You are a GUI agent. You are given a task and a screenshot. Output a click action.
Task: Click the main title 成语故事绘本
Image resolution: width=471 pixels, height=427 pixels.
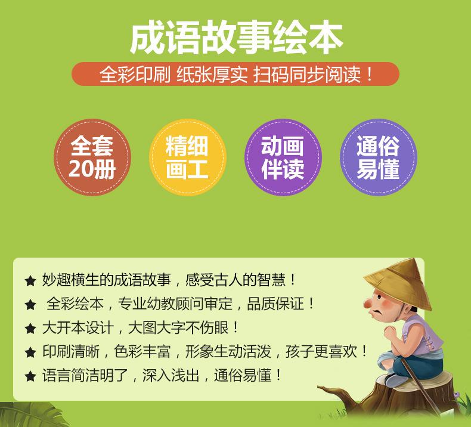237,38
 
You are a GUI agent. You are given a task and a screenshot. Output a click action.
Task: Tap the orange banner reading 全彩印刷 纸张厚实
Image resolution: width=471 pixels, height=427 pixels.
235,74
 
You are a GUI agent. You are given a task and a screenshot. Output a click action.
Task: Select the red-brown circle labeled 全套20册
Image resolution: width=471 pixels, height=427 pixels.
92,157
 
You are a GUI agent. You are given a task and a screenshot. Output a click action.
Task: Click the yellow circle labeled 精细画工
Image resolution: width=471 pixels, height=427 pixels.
187,157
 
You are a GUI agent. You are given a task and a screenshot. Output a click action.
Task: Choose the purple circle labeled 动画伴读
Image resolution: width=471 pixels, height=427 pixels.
283,157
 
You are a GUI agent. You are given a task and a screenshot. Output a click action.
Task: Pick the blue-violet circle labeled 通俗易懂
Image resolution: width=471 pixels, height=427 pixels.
379,157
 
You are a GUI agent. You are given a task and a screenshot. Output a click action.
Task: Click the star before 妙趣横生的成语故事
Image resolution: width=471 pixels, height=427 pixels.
30,281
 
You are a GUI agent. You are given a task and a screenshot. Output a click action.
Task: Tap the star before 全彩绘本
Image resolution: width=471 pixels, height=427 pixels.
30,305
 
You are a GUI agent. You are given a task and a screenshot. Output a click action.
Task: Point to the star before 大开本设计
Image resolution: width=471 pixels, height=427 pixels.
30,328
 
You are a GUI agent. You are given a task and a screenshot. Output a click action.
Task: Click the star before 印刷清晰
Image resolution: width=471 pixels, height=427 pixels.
30,352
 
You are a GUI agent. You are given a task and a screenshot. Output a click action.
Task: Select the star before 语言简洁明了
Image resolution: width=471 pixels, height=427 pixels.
30,376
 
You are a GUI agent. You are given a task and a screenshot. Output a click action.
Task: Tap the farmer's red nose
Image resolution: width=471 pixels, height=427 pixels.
367,304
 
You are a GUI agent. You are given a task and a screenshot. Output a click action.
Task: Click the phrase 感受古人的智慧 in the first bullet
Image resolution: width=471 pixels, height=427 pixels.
235,280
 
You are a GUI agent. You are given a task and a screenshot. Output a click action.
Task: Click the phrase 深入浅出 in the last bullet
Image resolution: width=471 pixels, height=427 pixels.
171,375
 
